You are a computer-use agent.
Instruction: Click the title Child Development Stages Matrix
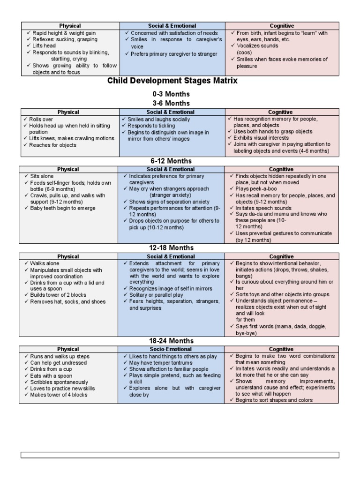(x=172, y=81)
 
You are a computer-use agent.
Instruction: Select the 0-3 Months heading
(x=171, y=94)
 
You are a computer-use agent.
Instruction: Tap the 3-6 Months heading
(x=171, y=103)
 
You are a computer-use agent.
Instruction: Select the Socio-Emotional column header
(x=171, y=349)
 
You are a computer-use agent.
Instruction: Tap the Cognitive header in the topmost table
(x=281, y=26)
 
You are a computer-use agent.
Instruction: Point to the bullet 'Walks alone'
(x=45, y=263)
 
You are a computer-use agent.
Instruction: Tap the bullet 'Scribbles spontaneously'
(x=59, y=382)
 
